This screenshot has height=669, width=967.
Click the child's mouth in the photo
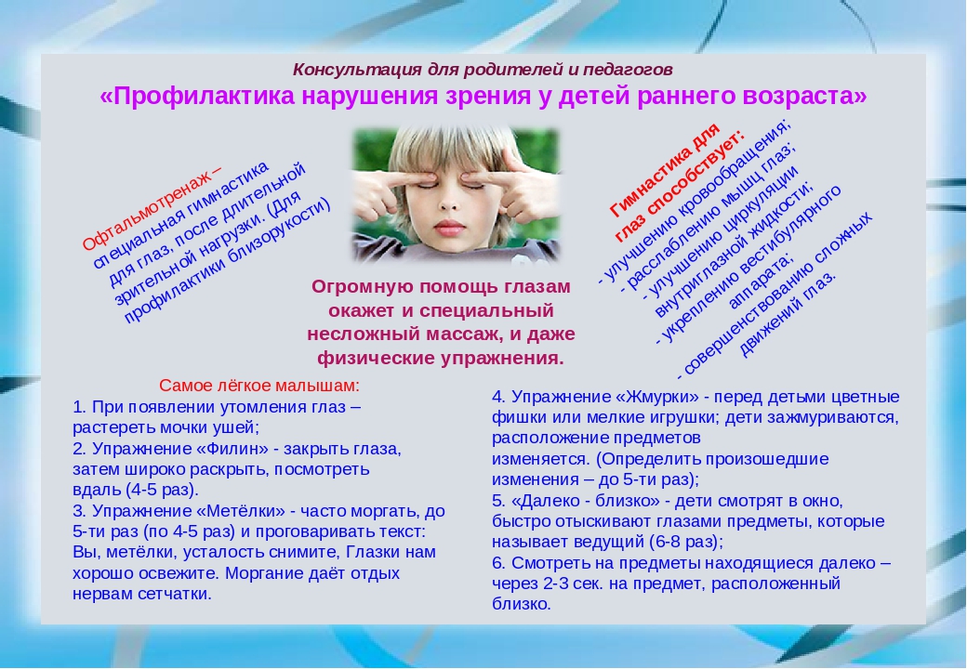[x=453, y=229]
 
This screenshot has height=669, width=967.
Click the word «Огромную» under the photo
[x=357, y=287]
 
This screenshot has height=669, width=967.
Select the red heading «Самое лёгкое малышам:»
[x=259, y=386]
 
